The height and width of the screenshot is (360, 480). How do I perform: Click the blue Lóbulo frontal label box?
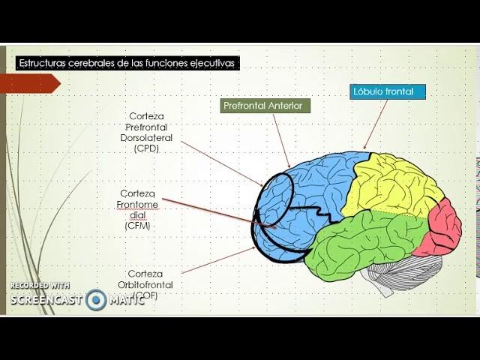point(388,92)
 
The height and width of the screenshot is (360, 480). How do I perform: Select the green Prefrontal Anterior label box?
point(265,106)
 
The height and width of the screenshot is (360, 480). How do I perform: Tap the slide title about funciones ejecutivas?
point(127,64)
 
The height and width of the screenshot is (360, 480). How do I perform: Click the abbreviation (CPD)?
point(147,148)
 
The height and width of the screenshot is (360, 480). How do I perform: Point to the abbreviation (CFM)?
point(138,226)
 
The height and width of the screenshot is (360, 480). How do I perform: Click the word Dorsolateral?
point(146,138)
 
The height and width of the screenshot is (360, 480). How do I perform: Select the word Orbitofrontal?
point(145,285)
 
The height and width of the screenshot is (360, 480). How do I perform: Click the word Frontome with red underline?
point(138,205)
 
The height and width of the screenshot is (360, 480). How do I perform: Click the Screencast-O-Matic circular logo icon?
point(96,300)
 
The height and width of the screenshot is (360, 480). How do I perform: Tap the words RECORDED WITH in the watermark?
point(40,286)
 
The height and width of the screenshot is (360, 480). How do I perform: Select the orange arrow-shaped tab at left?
point(30,83)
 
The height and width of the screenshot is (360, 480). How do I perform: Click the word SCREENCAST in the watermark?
point(46,300)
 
